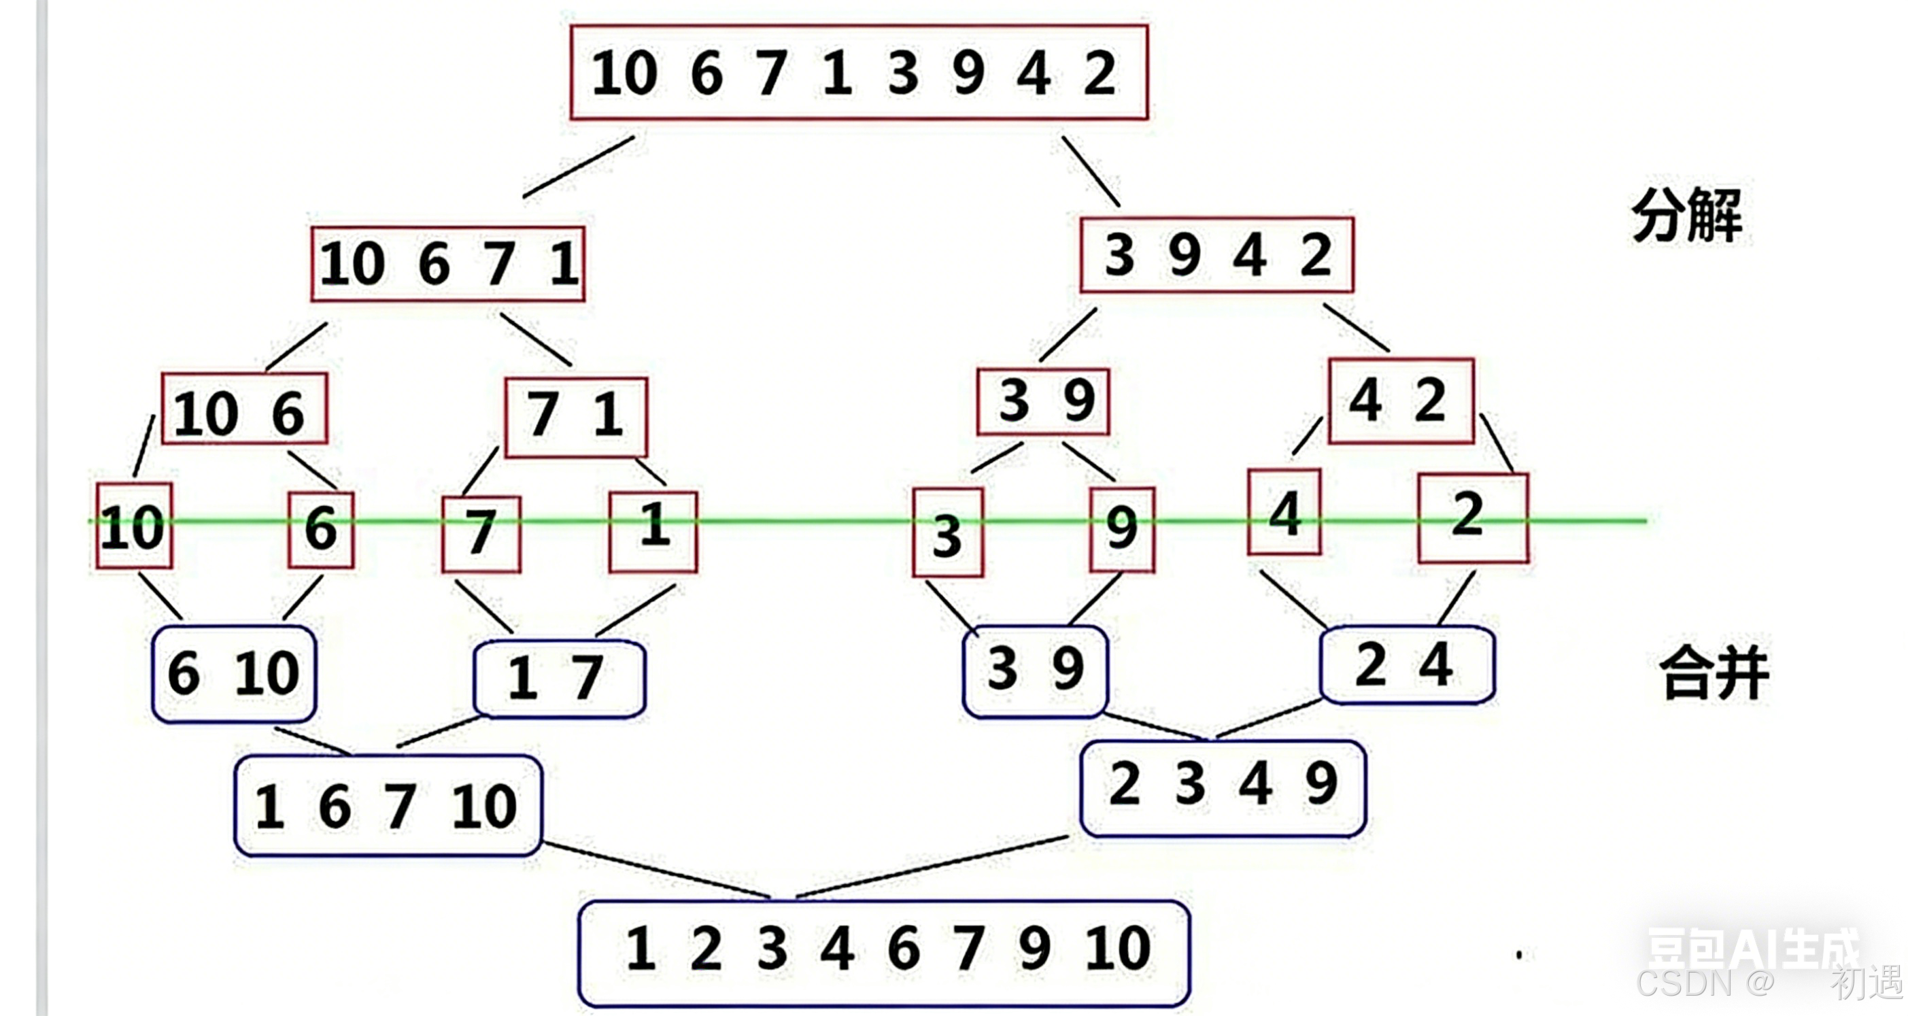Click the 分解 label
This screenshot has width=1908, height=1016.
coord(1686,216)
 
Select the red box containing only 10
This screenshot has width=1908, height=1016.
coord(133,526)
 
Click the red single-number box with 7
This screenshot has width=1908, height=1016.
coord(481,534)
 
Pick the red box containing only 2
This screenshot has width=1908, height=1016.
coord(1473,518)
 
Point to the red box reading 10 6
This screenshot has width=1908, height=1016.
coord(243,409)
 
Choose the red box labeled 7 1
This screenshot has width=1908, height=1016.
coord(575,417)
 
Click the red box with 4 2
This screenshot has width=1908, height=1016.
coord(1400,401)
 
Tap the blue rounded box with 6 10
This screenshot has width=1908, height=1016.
coord(233,674)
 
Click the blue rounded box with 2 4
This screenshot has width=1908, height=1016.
coord(1407,665)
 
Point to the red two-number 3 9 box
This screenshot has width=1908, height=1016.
coord(1043,401)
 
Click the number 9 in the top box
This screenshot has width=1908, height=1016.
coord(968,73)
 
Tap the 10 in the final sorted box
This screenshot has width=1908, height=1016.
coord(1118,949)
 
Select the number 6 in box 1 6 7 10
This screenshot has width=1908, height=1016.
coord(335,807)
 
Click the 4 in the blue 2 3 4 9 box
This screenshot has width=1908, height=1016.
coord(1255,784)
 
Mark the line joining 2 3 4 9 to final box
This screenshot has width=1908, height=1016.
coord(932,866)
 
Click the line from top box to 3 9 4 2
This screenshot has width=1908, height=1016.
coord(1090,171)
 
